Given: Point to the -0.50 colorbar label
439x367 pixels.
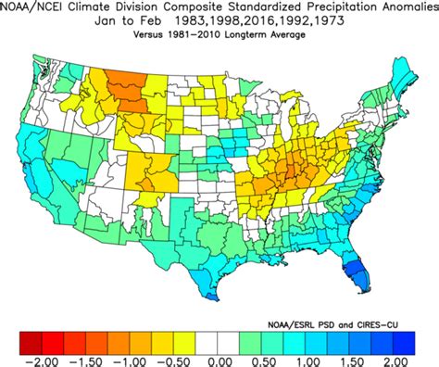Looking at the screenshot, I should [x=175, y=357].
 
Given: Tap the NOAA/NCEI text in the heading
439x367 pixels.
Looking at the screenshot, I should [x=39, y=8].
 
